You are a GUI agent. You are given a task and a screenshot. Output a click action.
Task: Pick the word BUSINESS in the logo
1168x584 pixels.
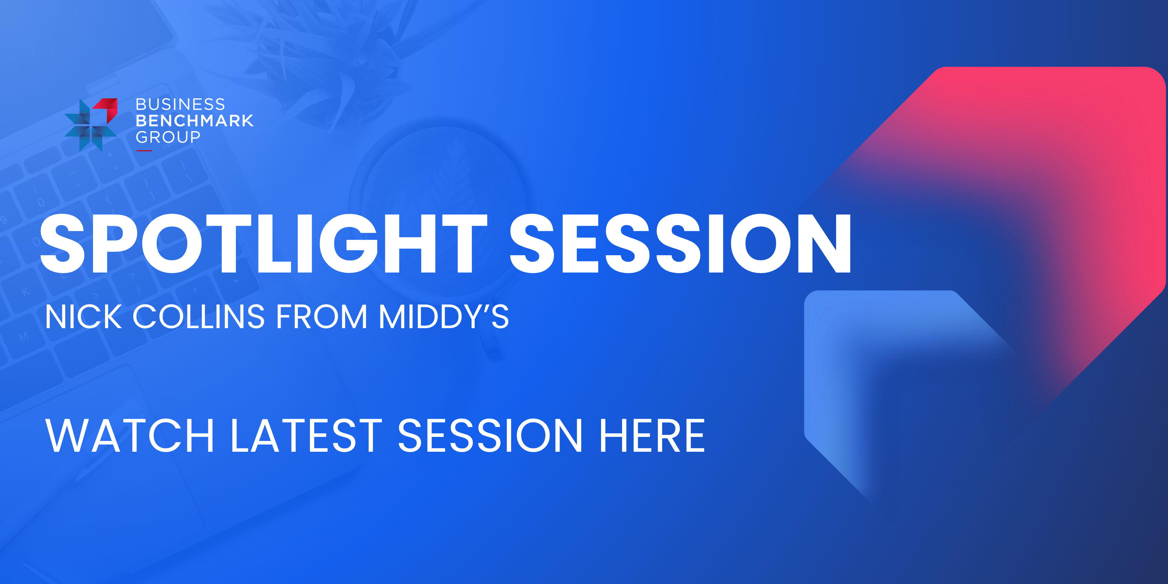(180, 105)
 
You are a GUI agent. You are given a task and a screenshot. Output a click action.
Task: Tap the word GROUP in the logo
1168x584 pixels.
(168, 137)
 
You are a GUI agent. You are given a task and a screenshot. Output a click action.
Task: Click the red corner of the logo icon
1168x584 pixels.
(109, 107)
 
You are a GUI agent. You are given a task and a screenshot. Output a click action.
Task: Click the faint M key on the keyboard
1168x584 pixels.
(23, 336)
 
